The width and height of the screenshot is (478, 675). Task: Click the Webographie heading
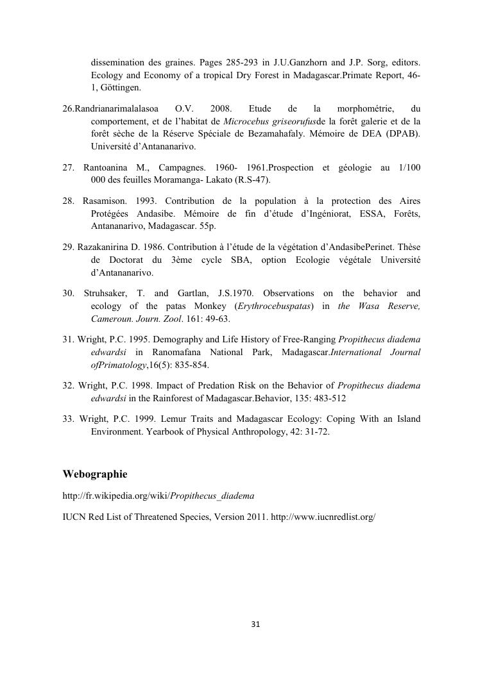pos(95,474)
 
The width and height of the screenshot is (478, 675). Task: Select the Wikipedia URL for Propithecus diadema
pos(158,496)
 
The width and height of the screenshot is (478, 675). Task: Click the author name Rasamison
pos(104,202)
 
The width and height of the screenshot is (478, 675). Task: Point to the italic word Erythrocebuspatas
pos(276,306)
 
